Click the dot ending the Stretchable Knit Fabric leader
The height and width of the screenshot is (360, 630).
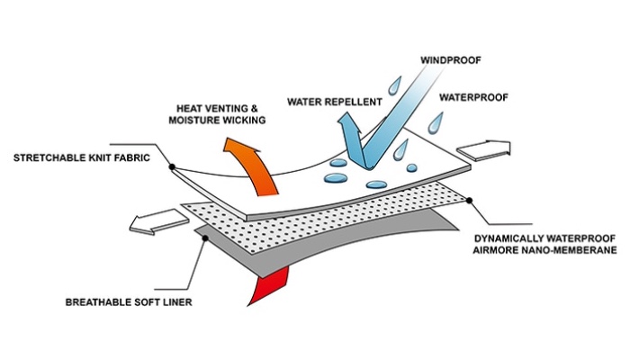point(171,166)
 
